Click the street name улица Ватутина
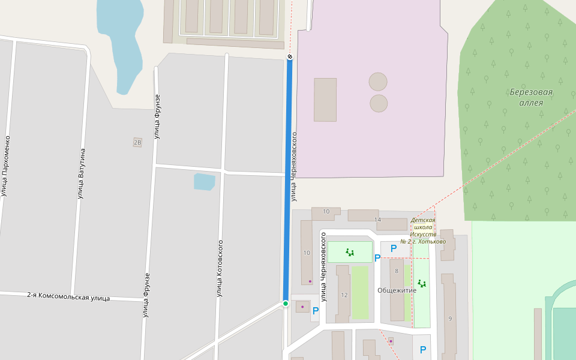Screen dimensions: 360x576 pos(82,173)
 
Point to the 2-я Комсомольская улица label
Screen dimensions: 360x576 pos(68,297)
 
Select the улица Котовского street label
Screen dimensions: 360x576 pos(220,268)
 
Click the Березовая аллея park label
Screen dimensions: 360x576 pos(531,97)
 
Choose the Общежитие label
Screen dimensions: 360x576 pos(397,290)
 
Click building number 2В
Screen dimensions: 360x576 pos(137,142)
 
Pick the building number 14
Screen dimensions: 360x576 pos(377,220)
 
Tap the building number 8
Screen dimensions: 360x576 pos(396,271)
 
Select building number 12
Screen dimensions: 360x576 pos(344,295)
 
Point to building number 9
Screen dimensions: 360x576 pos(449,319)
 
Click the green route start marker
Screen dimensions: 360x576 pos(286,304)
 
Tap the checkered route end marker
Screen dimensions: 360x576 pos(290,57)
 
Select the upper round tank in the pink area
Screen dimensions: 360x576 pos(378,82)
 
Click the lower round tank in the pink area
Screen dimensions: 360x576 pos(379,103)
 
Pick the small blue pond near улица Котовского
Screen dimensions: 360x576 pos(204,182)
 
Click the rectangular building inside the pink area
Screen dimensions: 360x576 pos(325,100)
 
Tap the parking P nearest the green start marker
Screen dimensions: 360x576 pos(316,311)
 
